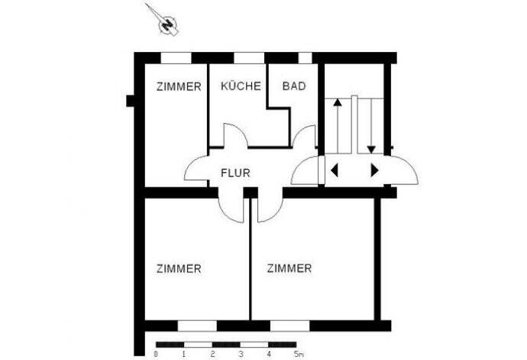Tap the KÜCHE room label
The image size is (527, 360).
241,86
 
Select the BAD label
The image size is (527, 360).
294,86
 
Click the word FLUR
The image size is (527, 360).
234,172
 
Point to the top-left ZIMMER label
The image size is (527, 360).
179,86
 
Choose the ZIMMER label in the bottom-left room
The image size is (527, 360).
179,268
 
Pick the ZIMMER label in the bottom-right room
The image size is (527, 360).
289,268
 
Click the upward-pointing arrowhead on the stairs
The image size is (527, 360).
338,102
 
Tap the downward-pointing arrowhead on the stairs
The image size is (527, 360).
370,148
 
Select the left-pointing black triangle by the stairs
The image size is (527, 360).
334,170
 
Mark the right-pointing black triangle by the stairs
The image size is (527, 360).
374,170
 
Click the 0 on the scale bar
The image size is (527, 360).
156,354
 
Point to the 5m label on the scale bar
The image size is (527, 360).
299,354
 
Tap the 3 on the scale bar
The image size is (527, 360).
241,354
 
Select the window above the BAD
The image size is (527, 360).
305,57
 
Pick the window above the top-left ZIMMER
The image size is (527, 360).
175,57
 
